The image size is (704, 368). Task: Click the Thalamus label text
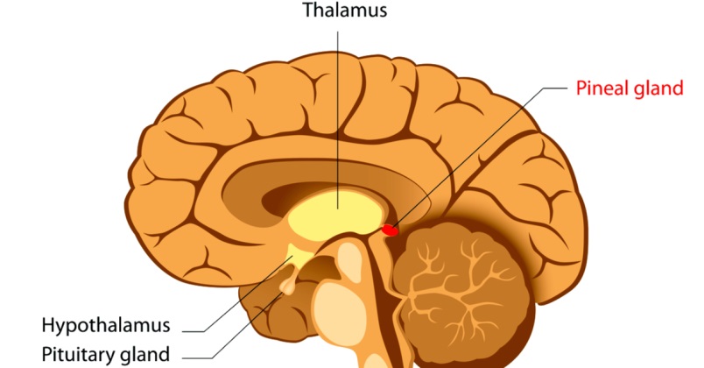tap(344, 11)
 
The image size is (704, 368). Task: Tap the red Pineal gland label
tap(629, 88)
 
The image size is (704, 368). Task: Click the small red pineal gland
tap(390, 230)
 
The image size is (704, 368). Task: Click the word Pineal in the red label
tap(600, 88)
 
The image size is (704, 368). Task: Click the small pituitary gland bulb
tap(287, 286)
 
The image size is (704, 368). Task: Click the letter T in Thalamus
tap(308, 11)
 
